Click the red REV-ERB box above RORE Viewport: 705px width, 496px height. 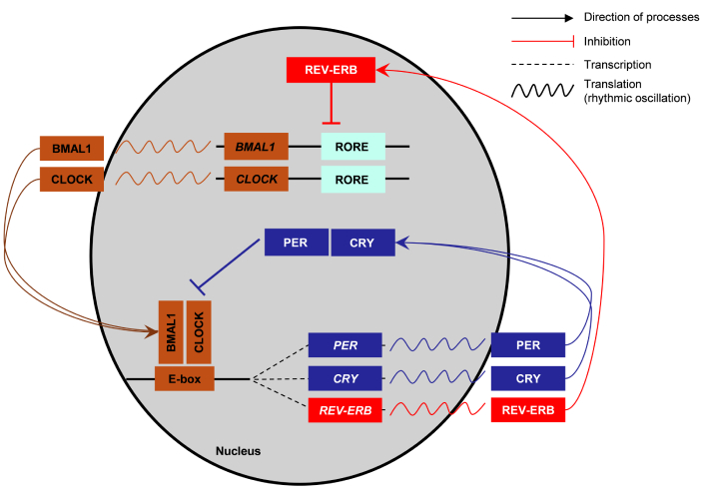click(331, 70)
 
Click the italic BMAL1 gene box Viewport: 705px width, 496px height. click(257, 147)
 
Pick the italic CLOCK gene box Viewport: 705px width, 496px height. click(257, 180)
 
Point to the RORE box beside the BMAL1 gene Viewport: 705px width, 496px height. click(352, 147)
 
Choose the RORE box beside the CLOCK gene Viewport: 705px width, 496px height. click(352, 180)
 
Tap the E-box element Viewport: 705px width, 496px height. click(185, 378)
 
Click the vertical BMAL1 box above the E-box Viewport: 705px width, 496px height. click(170, 328)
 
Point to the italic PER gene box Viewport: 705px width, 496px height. click(345, 344)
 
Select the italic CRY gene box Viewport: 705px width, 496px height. click(345, 378)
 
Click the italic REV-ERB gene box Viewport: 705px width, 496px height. click(345, 409)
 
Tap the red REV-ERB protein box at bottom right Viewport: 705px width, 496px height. click(528, 409)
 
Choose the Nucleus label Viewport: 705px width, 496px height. click(238, 451)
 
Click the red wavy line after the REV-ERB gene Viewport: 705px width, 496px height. click(434, 409)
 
